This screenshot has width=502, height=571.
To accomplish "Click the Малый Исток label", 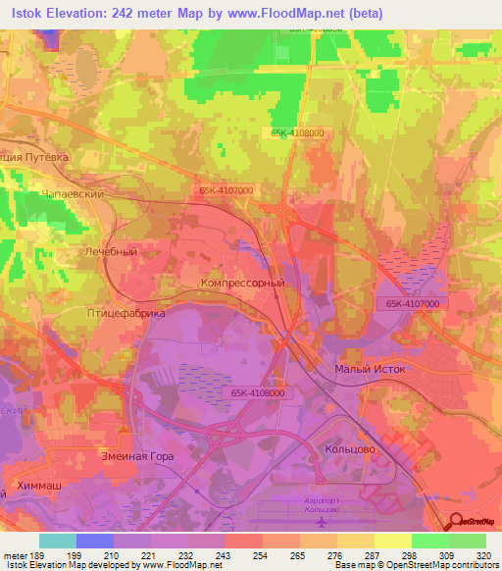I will coord(364,368).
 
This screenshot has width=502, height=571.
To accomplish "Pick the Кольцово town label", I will coord(345,447).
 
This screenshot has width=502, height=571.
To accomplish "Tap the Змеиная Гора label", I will coord(137,455).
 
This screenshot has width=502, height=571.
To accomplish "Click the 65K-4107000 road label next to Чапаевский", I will coord(225,190).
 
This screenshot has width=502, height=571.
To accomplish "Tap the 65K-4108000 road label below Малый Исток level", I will coord(258,392).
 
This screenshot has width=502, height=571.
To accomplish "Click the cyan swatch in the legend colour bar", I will coord(58,541).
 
